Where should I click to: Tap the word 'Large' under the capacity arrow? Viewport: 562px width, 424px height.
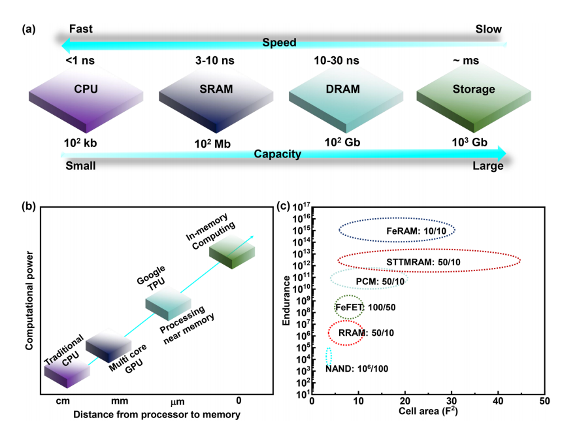[488, 166]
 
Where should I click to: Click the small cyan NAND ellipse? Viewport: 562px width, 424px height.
[329, 357]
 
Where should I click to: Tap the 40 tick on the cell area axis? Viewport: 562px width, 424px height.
[499, 400]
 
